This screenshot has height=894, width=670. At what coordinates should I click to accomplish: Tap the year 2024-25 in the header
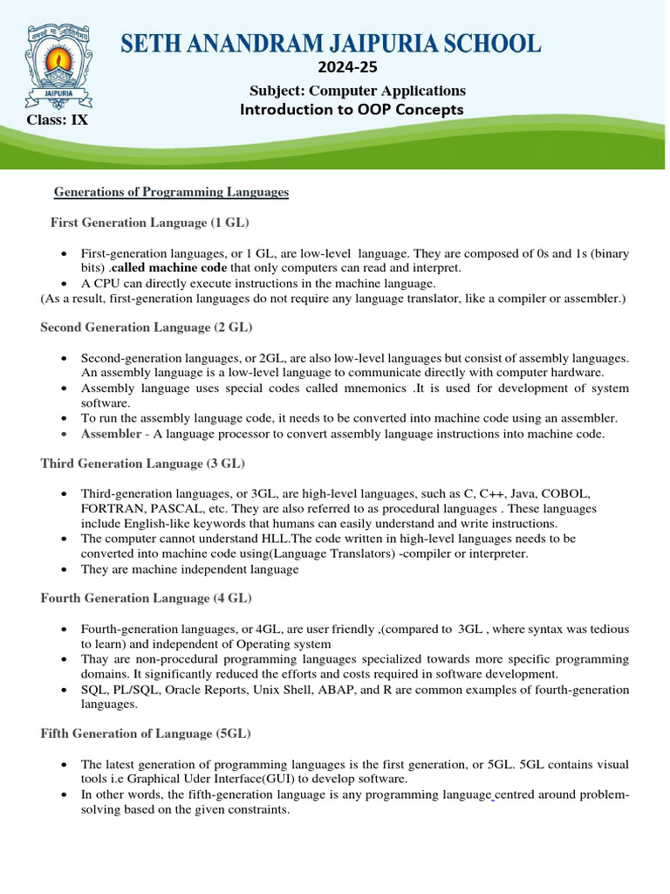(x=356, y=68)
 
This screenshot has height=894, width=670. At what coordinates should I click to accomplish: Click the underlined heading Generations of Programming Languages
(x=171, y=192)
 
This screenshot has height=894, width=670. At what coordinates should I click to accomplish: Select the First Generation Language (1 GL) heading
(x=150, y=223)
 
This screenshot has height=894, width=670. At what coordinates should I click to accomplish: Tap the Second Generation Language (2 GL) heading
(x=146, y=327)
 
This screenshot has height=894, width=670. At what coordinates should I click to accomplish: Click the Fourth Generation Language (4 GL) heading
(x=146, y=598)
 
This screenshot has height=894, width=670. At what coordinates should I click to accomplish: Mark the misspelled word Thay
(x=96, y=659)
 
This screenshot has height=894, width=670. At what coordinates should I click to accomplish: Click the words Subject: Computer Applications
(x=358, y=91)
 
